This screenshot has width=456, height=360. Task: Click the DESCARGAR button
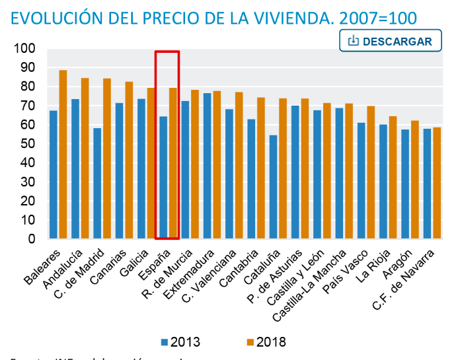(x=389, y=41)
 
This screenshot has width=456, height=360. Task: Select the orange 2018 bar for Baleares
(x=63, y=155)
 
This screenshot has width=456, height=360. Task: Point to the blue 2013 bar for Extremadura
(x=208, y=166)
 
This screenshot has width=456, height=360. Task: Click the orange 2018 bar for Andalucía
(x=85, y=159)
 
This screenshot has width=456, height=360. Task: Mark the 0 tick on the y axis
(x=31, y=239)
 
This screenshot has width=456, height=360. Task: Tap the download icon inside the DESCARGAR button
(x=353, y=41)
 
